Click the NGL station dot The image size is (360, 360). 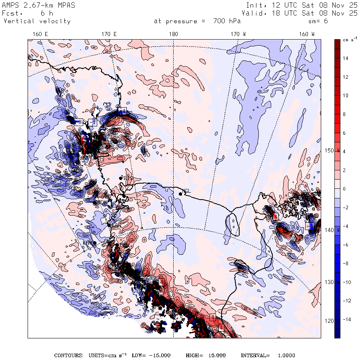[180, 194]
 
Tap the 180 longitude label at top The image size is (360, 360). [173, 34]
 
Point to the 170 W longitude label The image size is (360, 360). [238, 34]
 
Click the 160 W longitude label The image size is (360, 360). [307, 34]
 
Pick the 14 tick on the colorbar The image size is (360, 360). [346, 58]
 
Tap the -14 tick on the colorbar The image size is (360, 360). [346, 320]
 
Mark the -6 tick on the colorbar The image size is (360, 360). [345, 245]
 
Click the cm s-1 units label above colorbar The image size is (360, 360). [350, 40]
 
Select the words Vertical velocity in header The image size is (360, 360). [37, 21]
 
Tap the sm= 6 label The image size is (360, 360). [318, 21]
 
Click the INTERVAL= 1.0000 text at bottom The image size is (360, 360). [268, 355]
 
